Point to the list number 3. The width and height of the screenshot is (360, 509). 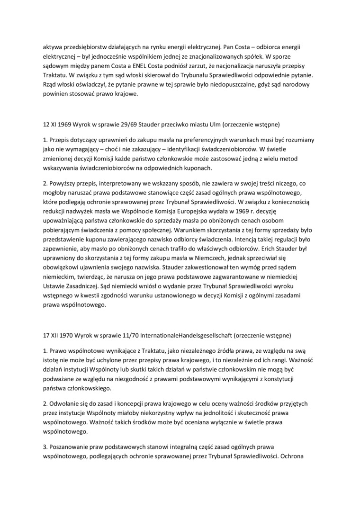(x=45, y=446)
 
